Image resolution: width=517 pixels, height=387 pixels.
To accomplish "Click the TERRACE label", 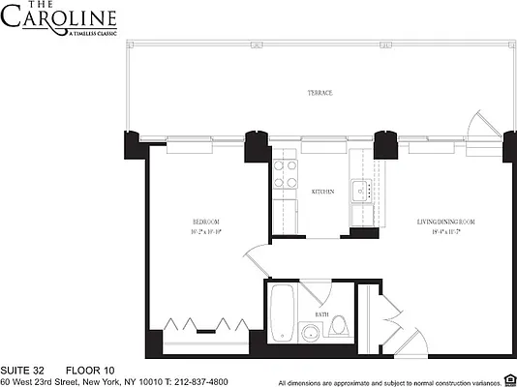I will (x=321, y=93).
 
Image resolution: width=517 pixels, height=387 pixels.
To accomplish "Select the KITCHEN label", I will (x=322, y=193).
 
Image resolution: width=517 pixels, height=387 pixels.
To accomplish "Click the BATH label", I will (x=320, y=315).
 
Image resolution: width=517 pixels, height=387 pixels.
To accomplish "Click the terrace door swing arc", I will (x=477, y=126).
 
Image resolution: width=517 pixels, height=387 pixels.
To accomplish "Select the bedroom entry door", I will (x=255, y=260).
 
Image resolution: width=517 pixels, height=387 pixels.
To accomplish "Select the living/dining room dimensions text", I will (x=438, y=233).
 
